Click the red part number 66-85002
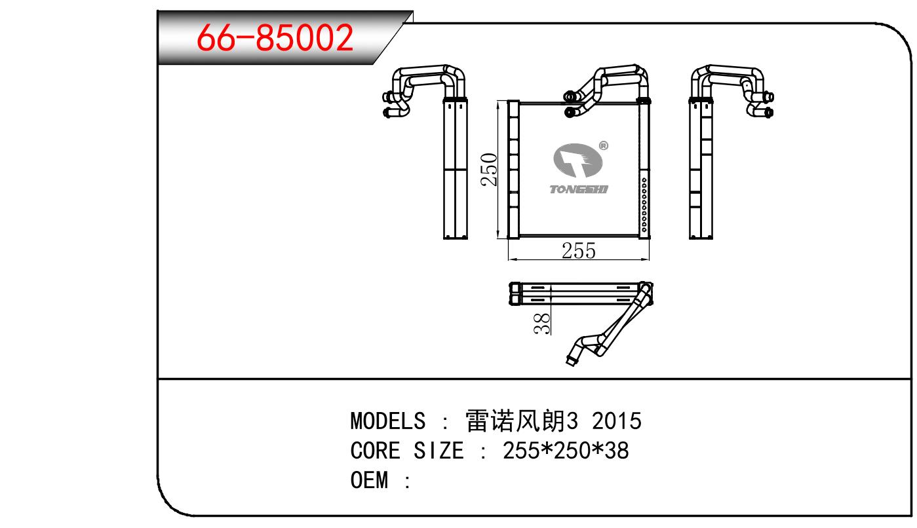(275, 37)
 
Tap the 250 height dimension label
(489, 169)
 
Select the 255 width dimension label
(578, 251)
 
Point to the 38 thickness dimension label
(543, 324)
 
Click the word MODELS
(387, 421)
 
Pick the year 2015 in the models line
(617, 421)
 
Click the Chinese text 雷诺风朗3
(522, 421)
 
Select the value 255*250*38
(566, 451)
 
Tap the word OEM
(369, 480)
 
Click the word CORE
(375, 451)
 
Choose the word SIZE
(439, 451)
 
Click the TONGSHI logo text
(578, 189)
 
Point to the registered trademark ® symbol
(604, 145)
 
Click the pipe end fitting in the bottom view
(571, 361)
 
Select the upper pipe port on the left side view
(386, 98)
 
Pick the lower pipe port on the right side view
(769, 112)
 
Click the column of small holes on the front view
(644, 205)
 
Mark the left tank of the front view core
(513, 169)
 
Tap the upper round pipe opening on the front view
(569, 96)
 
